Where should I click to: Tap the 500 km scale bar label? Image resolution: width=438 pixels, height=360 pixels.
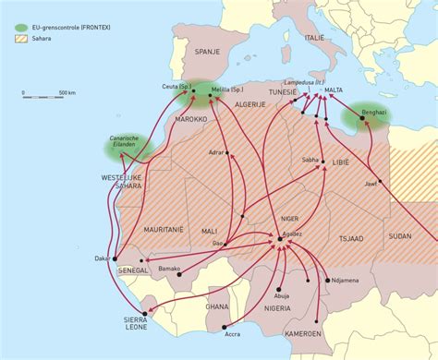[x=67, y=93]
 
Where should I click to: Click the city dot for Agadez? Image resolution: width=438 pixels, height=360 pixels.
[x=279, y=240]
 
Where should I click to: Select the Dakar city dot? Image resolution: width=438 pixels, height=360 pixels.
[x=116, y=259]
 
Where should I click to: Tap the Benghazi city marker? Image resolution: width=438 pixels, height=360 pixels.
[x=361, y=119]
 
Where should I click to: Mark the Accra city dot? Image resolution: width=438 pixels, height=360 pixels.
[x=224, y=328]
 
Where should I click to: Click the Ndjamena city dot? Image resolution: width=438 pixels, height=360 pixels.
[x=327, y=279]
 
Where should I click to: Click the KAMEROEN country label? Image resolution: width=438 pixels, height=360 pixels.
[x=303, y=332]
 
